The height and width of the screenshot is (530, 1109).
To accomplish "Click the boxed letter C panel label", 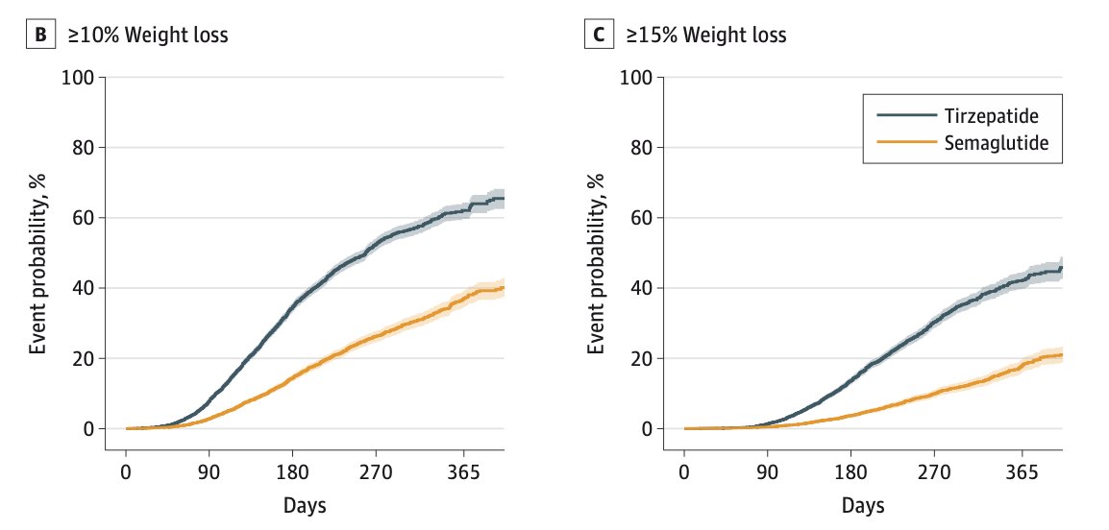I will [598, 36].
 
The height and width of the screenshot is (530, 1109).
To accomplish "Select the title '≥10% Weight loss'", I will [147, 36].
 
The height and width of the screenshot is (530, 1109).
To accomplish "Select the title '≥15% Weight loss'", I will [705, 36].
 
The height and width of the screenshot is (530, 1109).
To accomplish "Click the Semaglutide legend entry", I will [962, 141].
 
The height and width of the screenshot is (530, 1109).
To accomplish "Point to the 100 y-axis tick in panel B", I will [79, 77].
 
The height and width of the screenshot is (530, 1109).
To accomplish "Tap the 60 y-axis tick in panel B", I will [83, 218].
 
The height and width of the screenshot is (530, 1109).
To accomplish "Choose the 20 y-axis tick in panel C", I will [641, 358].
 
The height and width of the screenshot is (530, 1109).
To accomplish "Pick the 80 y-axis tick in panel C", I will [641, 148].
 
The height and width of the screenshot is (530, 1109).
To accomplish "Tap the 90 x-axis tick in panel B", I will [209, 472].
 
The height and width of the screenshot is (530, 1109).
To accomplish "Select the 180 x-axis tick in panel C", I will [851, 472].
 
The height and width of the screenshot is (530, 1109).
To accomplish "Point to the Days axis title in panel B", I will [304, 505].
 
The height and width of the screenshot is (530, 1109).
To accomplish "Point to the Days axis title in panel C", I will [862, 505].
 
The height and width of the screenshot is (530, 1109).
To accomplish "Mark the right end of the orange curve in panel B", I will [505, 288].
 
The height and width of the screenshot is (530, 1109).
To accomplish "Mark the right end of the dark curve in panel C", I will [1062, 269].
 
